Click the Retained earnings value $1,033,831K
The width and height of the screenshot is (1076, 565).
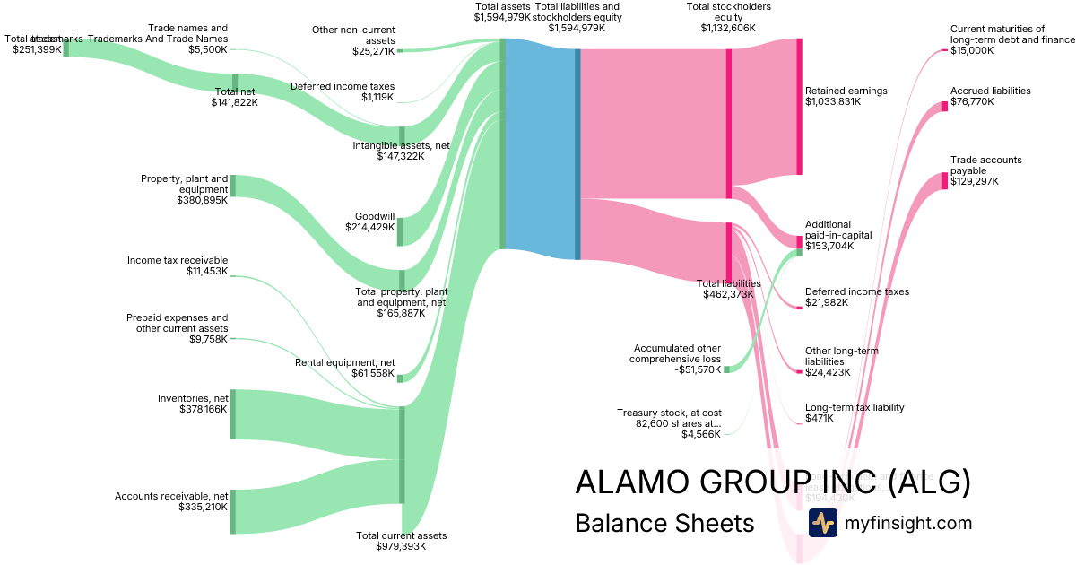click(x=833, y=102)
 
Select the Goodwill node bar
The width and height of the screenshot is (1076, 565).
click(x=401, y=231)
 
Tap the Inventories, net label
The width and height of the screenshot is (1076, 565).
click(x=193, y=398)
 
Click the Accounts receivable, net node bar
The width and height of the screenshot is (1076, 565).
click(x=233, y=512)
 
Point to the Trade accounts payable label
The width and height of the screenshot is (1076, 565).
click(x=985, y=165)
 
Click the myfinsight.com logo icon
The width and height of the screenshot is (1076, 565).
click(x=822, y=523)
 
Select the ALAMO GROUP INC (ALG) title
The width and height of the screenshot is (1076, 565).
click(x=772, y=482)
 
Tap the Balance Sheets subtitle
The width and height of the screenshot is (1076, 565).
click(x=664, y=523)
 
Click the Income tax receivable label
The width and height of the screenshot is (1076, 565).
click(x=178, y=260)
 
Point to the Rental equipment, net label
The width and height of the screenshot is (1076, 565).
click(x=345, y=362)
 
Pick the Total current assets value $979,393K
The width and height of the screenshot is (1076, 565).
click(x=401, y=546)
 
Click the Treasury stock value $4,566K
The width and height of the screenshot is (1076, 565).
click(x=701, y=435)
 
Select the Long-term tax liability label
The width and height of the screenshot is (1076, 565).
click(x=855, y=407)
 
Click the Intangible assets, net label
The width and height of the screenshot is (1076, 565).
click(x=401, y=145)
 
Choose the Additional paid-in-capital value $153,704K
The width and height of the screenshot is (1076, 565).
click(x=829, y=246)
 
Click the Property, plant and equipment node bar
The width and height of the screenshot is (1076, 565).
click(x=233, y=186)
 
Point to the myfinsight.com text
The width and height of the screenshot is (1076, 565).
click(x=907, y=523)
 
